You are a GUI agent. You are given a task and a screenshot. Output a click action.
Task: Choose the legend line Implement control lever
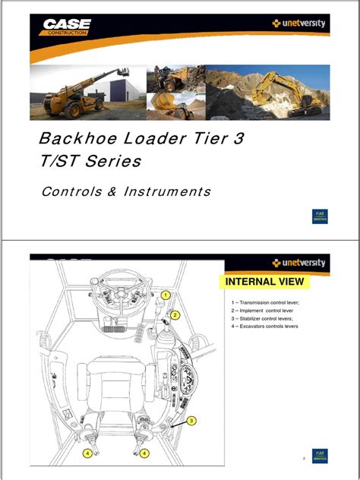[263, 311]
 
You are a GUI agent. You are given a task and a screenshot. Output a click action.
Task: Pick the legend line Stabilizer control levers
[264, 319]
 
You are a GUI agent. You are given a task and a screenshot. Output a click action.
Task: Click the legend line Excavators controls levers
[265, 327]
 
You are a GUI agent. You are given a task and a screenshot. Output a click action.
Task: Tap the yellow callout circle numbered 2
[175, 314]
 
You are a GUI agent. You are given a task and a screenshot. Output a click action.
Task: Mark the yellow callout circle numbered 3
[191, 421]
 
